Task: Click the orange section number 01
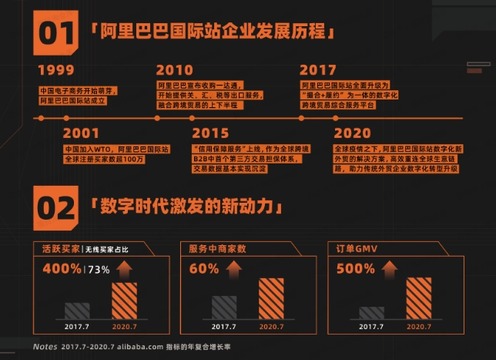[58, 33]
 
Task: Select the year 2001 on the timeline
[81, 133]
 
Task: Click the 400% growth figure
[63, 269]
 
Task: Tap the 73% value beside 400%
[99, 270]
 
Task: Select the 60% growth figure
[204, 269]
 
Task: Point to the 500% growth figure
[355, 269]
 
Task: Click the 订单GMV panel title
[352, 248]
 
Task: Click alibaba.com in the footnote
[142, 347]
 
